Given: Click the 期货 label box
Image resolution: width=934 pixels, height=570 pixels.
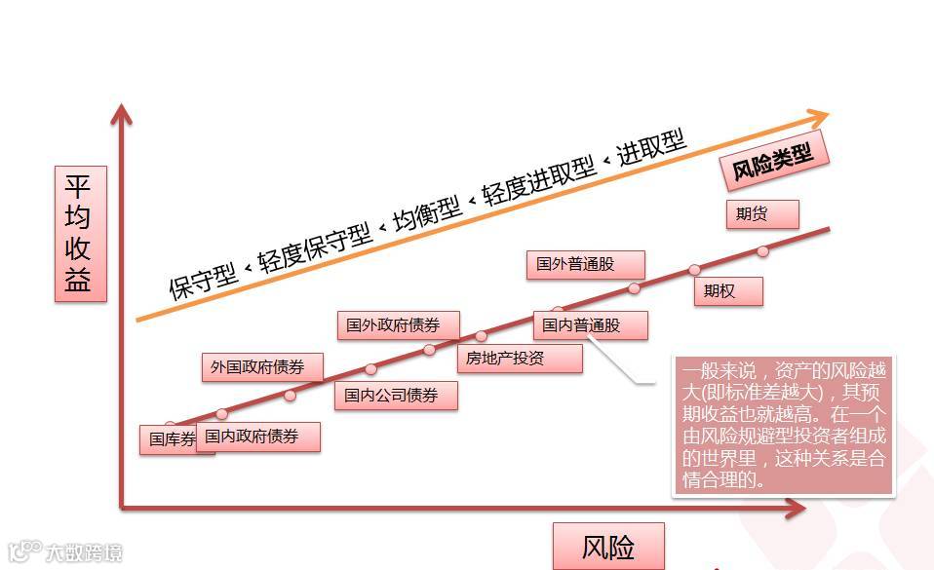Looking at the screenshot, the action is [762, 214].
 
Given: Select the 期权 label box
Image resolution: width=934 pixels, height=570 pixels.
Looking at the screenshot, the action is [727, 290].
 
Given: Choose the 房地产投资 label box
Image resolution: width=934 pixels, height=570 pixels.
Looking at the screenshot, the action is [520, 359].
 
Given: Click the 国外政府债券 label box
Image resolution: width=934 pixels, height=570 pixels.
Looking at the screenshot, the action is [400, 325].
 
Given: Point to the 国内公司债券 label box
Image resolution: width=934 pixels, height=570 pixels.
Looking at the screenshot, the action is [396, 396].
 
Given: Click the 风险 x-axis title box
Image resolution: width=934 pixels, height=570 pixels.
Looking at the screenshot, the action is [608, 547].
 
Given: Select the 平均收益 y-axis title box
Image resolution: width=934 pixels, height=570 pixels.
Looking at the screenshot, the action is [80, 234].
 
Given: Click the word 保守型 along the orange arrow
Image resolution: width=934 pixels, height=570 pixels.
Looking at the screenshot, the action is [203, 280].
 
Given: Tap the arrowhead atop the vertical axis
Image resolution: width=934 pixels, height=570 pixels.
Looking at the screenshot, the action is [121, 115].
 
